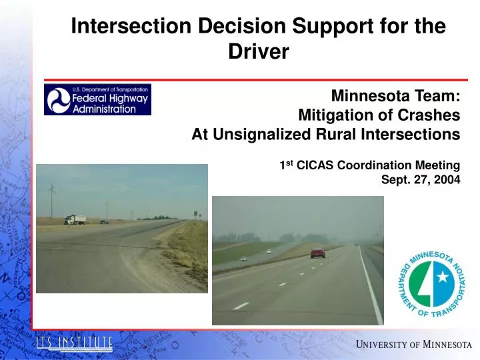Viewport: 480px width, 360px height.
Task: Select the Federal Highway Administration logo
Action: (x=97, y=99)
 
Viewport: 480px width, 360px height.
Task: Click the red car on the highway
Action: (x=318, y=253)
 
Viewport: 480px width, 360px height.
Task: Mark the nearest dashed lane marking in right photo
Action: (x=241, y=305)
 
